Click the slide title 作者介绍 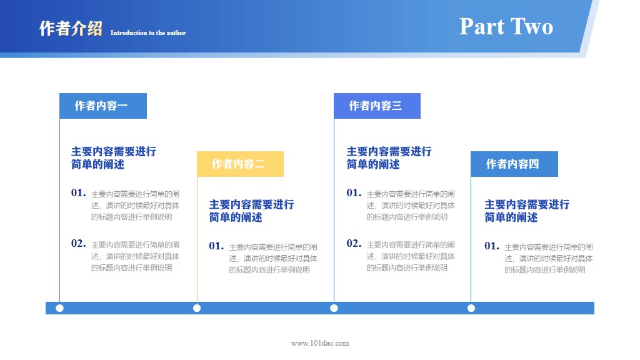pos(71,29)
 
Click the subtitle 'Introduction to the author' pos(148,32)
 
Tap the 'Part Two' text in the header pos(506,26)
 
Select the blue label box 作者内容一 pos(102,106)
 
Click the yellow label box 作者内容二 pos(240,164)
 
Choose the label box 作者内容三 pos(377,106)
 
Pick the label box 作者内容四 pos(514,164)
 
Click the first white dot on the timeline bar pos(59,308)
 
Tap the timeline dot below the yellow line pos(197,308)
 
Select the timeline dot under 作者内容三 pos(334,308)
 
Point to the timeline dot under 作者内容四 pos(471,308)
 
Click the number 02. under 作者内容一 pos(78,243)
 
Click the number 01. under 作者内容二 pos(216,246)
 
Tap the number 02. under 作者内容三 pos(354,243)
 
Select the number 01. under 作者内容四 pos(492,246)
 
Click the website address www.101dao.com pos(320,342)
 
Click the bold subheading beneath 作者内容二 pos(251,211)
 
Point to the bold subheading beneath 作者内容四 pos(527,211)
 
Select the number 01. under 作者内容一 pos(78,192)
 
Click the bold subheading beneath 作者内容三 pos(389,157)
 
